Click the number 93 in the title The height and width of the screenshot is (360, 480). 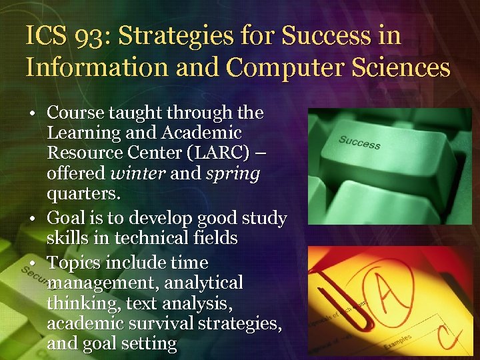[79, 36]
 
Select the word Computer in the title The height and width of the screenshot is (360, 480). [289, 67]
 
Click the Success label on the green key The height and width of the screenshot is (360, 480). [359, 141]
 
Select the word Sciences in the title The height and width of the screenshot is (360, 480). [399, 67]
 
